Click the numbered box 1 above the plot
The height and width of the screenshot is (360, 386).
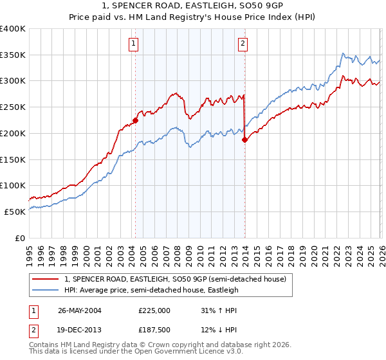click(133, 44)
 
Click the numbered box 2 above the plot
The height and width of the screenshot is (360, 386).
click(243, 44)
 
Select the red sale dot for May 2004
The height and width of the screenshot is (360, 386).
click(135, 120)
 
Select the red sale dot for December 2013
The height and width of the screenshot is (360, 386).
click(244, 139)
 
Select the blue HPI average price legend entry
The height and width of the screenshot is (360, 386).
click(151, 290)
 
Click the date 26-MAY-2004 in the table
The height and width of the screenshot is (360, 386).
click(79, 310)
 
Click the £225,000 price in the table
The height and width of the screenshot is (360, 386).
click(154, 310)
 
